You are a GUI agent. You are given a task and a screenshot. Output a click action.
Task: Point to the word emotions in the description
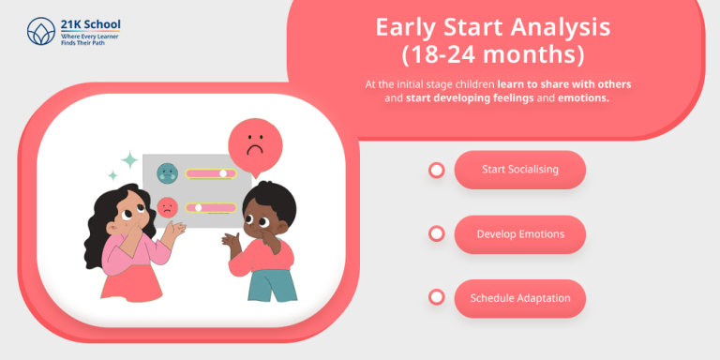pos(584,97)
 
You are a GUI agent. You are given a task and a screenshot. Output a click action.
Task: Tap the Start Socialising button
pos(519,170)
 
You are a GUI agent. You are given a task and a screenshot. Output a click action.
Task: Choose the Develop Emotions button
pos(519,233)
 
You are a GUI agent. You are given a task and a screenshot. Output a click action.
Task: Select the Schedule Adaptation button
pos(519,298)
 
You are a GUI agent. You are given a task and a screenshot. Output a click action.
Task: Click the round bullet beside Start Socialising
pos(436,170)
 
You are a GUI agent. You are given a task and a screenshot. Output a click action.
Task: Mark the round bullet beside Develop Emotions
pos(436,233)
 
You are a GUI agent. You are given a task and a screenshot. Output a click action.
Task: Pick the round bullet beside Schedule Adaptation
pos(436,297)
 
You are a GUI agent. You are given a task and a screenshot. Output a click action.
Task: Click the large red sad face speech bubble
pos(252,145)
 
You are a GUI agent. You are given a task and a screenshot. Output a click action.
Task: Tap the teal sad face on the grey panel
pos(167,172)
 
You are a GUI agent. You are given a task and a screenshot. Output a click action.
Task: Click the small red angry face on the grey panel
pos(167,207)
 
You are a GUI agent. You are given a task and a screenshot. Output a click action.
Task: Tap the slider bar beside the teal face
pos(210,173)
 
